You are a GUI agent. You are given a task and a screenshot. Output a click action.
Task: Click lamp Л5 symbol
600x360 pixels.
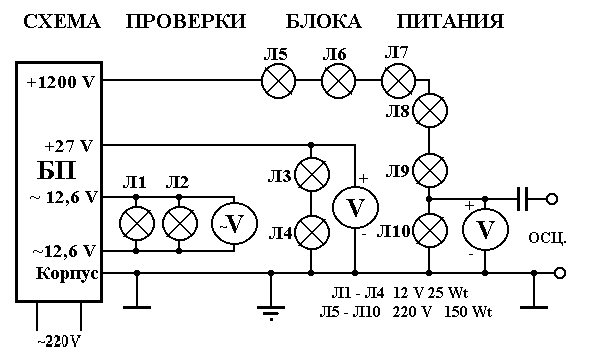tap(276, 82)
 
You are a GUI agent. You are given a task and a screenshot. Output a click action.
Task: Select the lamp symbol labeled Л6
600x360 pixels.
tap(339, 82)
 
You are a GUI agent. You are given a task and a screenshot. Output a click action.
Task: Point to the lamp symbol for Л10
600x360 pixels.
tap(431, 231)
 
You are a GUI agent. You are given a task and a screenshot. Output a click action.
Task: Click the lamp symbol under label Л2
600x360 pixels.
tap(178, 222)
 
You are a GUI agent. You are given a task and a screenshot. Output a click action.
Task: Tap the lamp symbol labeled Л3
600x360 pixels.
tap(314, 176)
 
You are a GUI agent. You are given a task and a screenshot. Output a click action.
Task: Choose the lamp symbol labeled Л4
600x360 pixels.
tap(314, 232)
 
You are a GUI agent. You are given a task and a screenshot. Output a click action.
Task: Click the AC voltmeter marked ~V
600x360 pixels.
tap(231, 223)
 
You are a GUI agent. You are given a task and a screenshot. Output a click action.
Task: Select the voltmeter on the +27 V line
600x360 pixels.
tap(354, 207)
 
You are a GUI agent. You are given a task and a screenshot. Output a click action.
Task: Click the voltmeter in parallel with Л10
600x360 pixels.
tap(484, 230)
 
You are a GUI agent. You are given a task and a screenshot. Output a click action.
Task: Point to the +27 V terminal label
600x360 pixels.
tap(69, 145)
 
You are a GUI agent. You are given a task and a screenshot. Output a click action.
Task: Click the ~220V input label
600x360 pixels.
tap(59, 339)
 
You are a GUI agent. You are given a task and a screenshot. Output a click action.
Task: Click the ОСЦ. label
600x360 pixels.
tap(547, 238)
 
